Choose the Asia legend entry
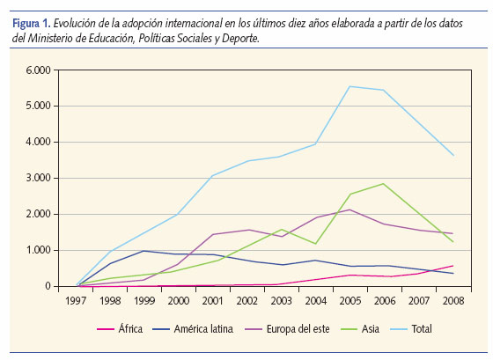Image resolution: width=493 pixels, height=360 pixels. (x=370, y=329)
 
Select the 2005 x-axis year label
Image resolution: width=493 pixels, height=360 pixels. (x=350, y=300)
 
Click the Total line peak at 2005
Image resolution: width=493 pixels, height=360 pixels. (x=350, y=86)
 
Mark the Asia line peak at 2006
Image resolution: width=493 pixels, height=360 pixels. (x=383, y=184)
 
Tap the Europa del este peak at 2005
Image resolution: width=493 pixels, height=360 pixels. (x=350, y=209)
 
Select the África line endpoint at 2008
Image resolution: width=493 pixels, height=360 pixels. (x=453, y=266)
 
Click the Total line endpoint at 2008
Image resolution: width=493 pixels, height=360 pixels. (x=453, y=155)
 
